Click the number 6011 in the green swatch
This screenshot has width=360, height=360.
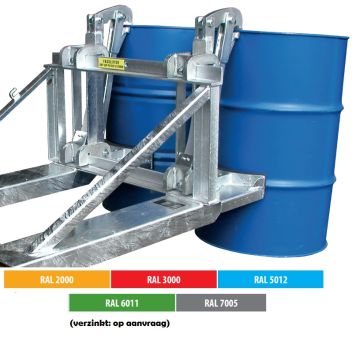click(122, 302)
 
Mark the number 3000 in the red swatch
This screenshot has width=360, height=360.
click(173, 279)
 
